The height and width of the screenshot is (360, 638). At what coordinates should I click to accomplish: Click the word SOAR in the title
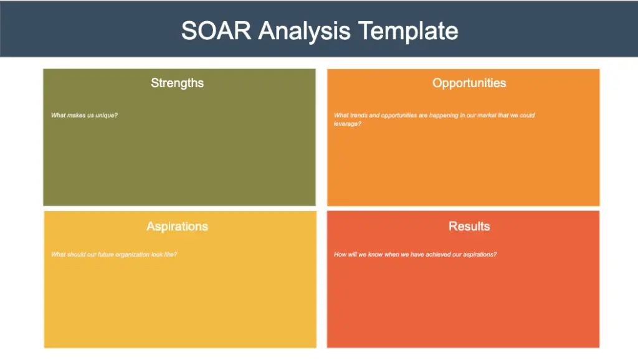tap(216, 31)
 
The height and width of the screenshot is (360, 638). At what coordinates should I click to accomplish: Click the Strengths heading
tap(178, 83)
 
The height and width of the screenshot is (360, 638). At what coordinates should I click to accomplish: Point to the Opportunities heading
tap(469, 83)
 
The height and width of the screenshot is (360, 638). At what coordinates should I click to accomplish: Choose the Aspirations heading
tap(178, 227)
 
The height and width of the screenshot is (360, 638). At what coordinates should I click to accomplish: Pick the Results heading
tap(469, 226)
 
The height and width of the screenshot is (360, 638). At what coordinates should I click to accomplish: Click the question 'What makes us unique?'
tap(84, 115)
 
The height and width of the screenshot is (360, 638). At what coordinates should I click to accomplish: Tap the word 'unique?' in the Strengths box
tap(107, 115)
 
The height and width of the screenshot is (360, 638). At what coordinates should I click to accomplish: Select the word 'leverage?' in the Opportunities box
tap(348, 124)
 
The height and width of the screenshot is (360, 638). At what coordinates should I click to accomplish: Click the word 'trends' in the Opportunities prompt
tap(359, 115)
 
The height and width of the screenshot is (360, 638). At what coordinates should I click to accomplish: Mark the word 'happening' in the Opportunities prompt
tap(444, 116)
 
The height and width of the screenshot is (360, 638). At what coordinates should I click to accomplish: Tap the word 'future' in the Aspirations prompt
tap(106, 255)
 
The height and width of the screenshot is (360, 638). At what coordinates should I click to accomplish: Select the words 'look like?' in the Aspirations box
tap(164, 255)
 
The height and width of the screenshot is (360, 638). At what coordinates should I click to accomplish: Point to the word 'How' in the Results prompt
tap(340, 255)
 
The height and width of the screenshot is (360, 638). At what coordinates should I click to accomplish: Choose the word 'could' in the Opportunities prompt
tap(527, 115)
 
